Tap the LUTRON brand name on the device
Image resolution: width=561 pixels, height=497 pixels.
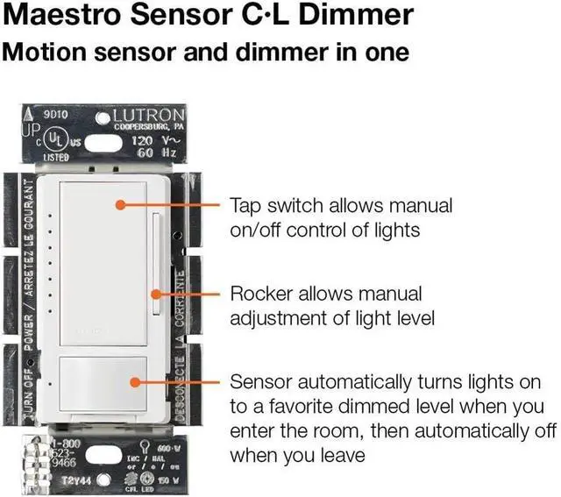point(152,116)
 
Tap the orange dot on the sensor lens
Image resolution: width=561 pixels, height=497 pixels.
point(132,383)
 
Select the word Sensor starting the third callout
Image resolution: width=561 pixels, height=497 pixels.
point(261,383)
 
